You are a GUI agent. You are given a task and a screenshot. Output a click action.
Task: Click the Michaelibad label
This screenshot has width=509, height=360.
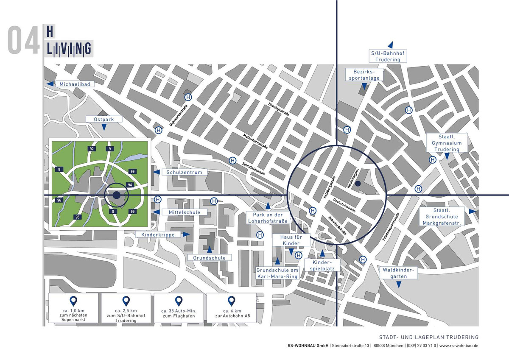click(x=76, y=84)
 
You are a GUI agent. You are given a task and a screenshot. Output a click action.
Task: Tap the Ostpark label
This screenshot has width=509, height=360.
click(x=104, y=120)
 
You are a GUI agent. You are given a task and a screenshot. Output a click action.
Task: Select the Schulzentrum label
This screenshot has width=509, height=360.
click(x=187, y=173)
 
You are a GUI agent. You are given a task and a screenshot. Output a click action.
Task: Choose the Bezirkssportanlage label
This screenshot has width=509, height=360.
click(x=364, y=75)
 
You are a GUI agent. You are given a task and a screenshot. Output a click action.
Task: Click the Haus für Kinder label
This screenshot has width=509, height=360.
click(x=291, y=240)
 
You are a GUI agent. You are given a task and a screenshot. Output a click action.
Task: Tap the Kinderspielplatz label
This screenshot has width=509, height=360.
click(x=322, y=266)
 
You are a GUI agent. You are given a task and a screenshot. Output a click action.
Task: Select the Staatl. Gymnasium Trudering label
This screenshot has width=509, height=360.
click(x=447, y=143)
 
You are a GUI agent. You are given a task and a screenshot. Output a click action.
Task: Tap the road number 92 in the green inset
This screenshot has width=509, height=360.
click(x=91, y=149)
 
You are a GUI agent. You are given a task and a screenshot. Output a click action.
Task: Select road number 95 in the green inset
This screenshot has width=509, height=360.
click(x=77, y=217)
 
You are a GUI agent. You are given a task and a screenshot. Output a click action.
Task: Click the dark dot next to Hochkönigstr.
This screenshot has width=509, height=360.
click(x=358, y=184)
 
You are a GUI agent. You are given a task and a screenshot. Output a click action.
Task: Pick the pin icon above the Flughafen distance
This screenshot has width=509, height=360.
click(x=179, y=301)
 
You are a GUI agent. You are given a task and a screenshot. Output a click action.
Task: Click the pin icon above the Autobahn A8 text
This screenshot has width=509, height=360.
click(x=231, y=301)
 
